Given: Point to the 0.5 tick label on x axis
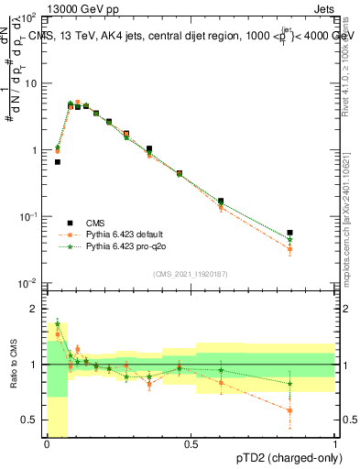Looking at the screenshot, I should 191,444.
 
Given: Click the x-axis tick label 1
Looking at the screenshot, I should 335,444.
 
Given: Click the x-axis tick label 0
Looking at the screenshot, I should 47,444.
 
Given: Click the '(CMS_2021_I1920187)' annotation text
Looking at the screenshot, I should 191,274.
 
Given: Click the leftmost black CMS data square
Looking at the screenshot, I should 58,162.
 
